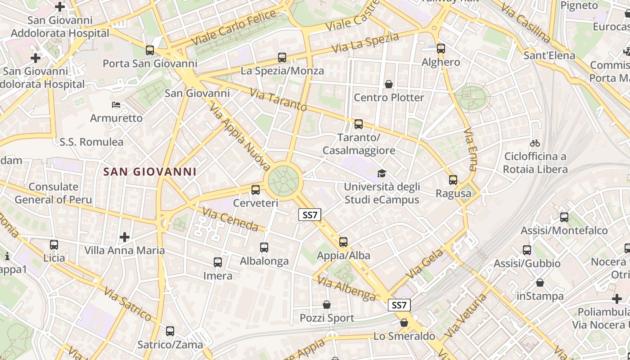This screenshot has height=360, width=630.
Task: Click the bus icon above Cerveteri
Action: pos(256,190)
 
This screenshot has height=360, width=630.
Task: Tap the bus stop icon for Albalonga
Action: pos(264,247)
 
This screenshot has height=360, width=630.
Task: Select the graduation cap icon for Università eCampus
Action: pos(382,174)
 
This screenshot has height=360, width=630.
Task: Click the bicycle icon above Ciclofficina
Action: pos(535,144)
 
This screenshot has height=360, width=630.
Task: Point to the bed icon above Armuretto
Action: pos(116,105)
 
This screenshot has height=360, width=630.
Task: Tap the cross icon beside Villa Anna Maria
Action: pos(125,237)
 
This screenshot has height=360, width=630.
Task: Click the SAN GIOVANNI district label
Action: pos(150,171)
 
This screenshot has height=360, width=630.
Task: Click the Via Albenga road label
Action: pos(346,288)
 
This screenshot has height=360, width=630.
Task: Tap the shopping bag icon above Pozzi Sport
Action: pos(327,305)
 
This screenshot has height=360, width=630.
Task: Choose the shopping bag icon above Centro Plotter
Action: pos(389,84)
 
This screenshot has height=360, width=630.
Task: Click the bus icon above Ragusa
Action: pos(453,180)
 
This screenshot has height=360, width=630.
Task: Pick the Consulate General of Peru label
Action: pos(53,193)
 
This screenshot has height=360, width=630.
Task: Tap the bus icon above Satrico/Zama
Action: pos(170,331)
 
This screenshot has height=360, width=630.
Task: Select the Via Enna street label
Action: pos(470,149)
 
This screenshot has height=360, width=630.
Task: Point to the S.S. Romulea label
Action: pos(91,142)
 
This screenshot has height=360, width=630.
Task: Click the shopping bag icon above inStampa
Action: pos(540,283)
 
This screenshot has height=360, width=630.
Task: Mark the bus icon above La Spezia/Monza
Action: pos(282,58)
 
